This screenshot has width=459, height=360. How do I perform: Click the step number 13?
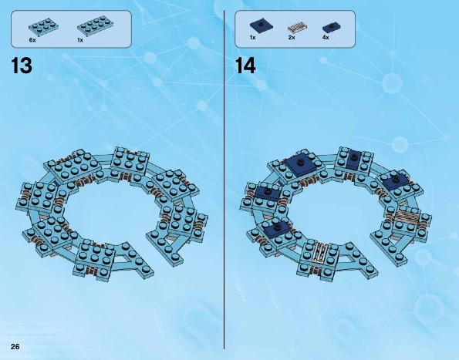[x=22, y=66]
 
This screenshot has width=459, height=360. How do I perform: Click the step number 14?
[x=245, y=66]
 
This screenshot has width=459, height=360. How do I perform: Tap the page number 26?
[x=15, y=347]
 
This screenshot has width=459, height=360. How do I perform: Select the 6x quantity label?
[x=32, y=40]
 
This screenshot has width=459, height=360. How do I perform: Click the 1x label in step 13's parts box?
[x=80, y=40]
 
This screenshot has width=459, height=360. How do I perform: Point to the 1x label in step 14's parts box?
[x=252, y=38]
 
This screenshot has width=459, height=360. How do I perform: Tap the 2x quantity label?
[x=292, y=38]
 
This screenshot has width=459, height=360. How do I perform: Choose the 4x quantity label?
[x=326, y=38]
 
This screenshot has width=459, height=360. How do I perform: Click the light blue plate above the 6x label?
[x=43, y=26]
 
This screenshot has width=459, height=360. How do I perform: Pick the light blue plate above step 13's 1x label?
[x=96, y=24]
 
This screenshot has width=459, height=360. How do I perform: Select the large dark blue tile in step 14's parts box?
[x=262, y=24]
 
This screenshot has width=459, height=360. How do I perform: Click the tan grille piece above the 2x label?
[x=298, y=28]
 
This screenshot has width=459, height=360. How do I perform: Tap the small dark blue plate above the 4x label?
[x=332, y=28]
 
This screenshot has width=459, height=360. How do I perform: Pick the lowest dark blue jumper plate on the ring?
[x=277, y=228]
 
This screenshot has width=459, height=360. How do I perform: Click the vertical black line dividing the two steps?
[x=224, y=180]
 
